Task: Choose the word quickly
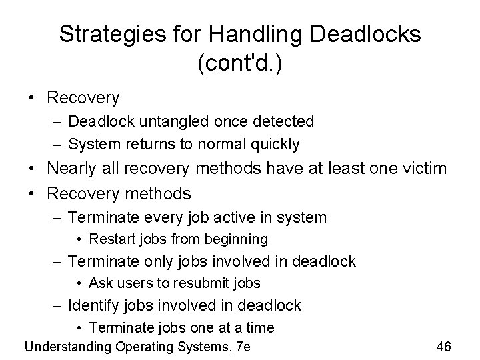(x=275, y=143)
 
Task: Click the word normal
(x=225, y=143)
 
